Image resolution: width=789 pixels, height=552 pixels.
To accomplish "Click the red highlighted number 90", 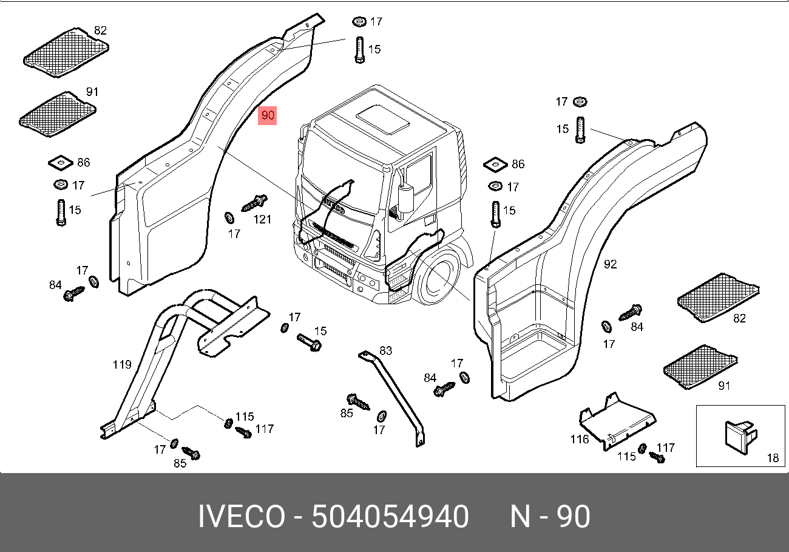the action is [267, 115].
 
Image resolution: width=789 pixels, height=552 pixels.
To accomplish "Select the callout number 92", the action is [611, 264].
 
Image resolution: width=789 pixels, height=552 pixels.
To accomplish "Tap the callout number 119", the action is [122, 364].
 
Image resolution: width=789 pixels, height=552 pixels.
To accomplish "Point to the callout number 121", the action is [262, 220].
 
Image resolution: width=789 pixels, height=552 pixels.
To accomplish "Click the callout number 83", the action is [385, 351].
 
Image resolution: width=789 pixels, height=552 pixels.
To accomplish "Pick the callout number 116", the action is [580, 439].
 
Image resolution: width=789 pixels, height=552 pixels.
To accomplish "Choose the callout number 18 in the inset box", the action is [773, 458].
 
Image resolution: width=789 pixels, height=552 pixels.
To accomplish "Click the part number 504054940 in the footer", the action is [390, 516].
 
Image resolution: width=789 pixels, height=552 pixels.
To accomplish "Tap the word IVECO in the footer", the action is [242, 516].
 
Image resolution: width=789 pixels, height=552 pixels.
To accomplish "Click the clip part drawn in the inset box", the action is [740, 437].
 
